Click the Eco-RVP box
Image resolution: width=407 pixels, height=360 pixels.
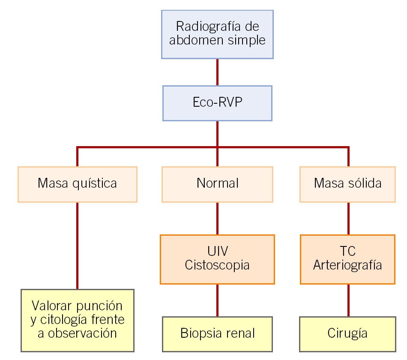pos(217,103)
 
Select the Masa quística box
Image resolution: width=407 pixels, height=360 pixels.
pos(78,184)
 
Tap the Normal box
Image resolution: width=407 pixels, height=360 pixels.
pos(217,184)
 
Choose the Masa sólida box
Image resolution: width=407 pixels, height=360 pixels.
pos(347,184)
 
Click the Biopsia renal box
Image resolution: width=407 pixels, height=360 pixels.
pos(217,333)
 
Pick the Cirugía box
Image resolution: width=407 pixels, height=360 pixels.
pos(347,333)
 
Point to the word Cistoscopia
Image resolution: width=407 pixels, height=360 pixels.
pos(217,265)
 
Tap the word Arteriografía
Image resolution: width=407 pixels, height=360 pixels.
pos(347,265)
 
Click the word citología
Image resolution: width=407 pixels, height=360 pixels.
pos(66,320)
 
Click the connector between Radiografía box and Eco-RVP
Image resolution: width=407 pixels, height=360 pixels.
pos(217,72)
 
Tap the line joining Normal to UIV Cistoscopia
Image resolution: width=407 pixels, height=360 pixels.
pos(217,218)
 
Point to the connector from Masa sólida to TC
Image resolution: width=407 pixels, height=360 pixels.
pos(348,218)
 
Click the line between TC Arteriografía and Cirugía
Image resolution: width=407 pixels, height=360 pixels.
pos(348,300)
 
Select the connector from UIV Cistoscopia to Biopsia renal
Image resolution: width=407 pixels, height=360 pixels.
pos(217,300)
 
